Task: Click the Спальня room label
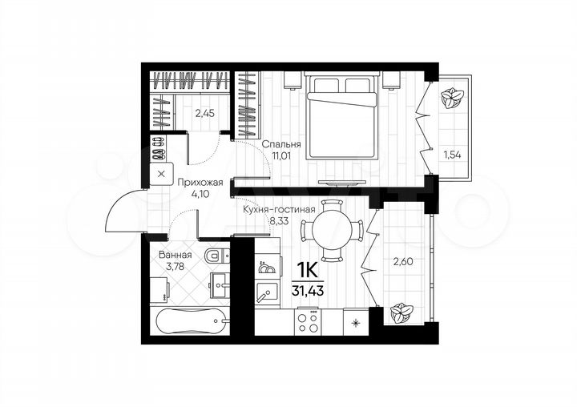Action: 281,144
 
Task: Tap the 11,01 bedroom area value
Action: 280,156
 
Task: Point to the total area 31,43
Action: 309,288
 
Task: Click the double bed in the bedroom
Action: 341,112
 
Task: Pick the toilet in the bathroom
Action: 216,256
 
